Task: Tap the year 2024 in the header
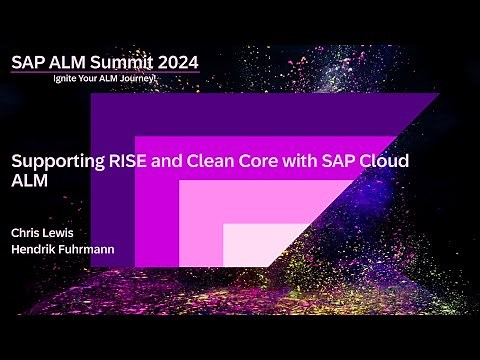[x=175, y=62]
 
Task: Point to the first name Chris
[x=27, y=232]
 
